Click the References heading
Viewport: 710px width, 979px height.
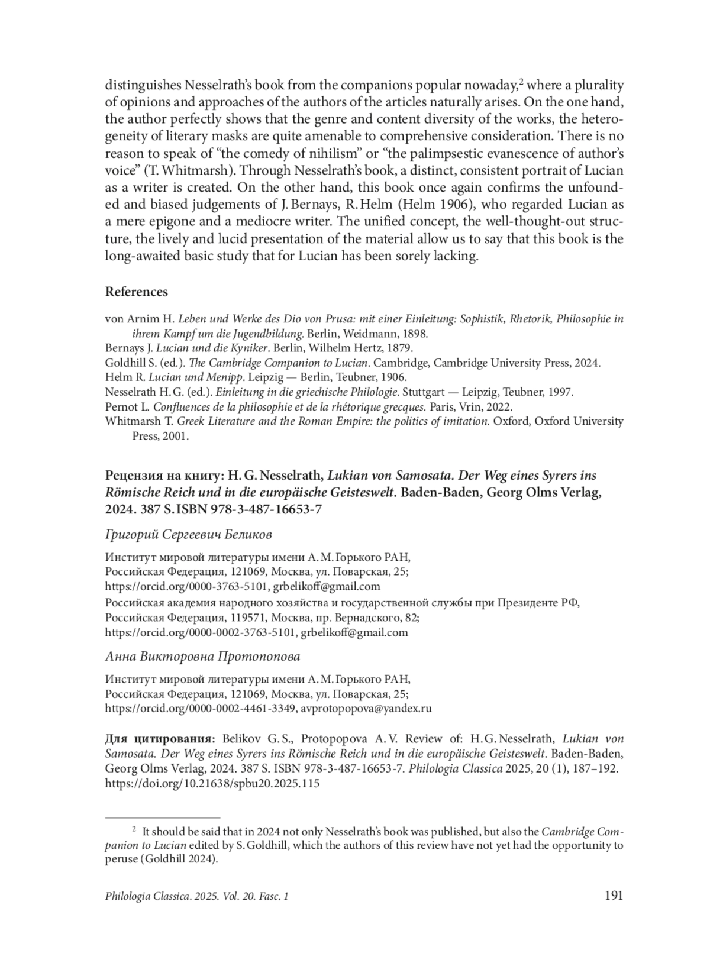136,292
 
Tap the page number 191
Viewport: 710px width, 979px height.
614,896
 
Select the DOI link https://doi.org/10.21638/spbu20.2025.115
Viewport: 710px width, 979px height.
212,783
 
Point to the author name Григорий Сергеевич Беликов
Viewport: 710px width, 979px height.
188,535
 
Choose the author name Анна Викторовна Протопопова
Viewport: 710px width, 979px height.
202,656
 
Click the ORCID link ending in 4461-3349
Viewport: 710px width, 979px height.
200,708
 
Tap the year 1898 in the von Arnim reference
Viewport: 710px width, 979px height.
415,333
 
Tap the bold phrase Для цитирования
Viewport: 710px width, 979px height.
159,739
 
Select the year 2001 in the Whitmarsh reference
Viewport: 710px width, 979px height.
177,437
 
